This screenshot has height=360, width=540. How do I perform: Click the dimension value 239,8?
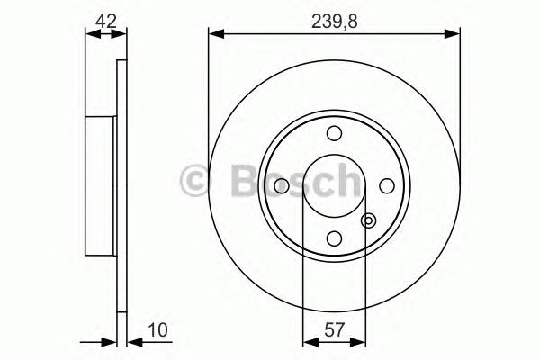pos(335,22)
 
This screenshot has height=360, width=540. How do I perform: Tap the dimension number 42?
pos(106,22)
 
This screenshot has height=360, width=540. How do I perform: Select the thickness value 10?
pos(157,329)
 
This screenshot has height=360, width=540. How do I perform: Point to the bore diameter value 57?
pos(334,329)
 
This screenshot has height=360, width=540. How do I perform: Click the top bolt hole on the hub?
pos(334,133)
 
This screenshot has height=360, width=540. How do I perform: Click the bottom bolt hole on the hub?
pos(334,238)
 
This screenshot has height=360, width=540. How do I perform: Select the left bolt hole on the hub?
pos(282,186)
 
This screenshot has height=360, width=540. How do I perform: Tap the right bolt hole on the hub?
pos(387,186)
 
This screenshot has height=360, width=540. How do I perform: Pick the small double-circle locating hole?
pos(368,220)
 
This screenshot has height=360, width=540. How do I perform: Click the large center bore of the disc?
pos(334,186)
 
